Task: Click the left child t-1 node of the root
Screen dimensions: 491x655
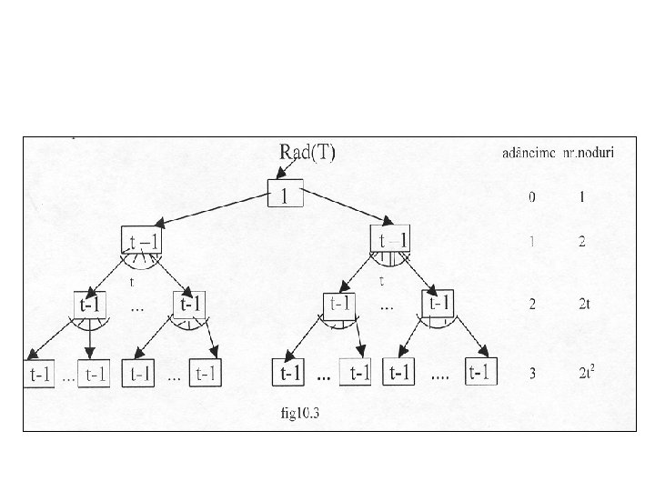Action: [141, 240]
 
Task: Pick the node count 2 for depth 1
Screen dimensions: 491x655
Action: [581, 241]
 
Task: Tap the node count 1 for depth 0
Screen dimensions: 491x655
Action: [581, 195]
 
